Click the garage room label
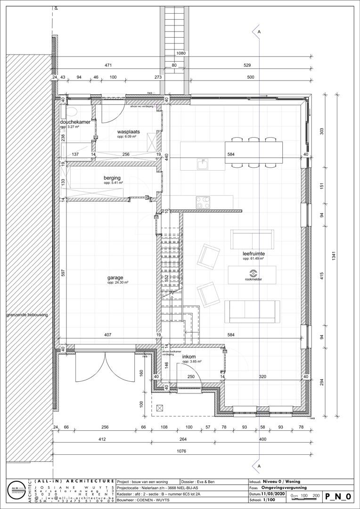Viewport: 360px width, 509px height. (x=115, y=278)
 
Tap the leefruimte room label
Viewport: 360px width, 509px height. (x=253, y=254)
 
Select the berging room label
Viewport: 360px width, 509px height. (x=112, y=178)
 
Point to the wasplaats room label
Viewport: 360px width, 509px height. (x=127, y=131)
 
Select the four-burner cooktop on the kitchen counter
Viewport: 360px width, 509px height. (x=203, y=202)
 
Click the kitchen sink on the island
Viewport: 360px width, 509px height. (x=203, y=164)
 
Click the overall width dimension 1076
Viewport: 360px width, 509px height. (x=181, y=452)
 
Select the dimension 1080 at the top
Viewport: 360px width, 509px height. (x=181, y=53)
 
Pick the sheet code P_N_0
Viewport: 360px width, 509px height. (x=337, y=496)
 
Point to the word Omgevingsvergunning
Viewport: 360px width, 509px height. (x=284, y=488)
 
